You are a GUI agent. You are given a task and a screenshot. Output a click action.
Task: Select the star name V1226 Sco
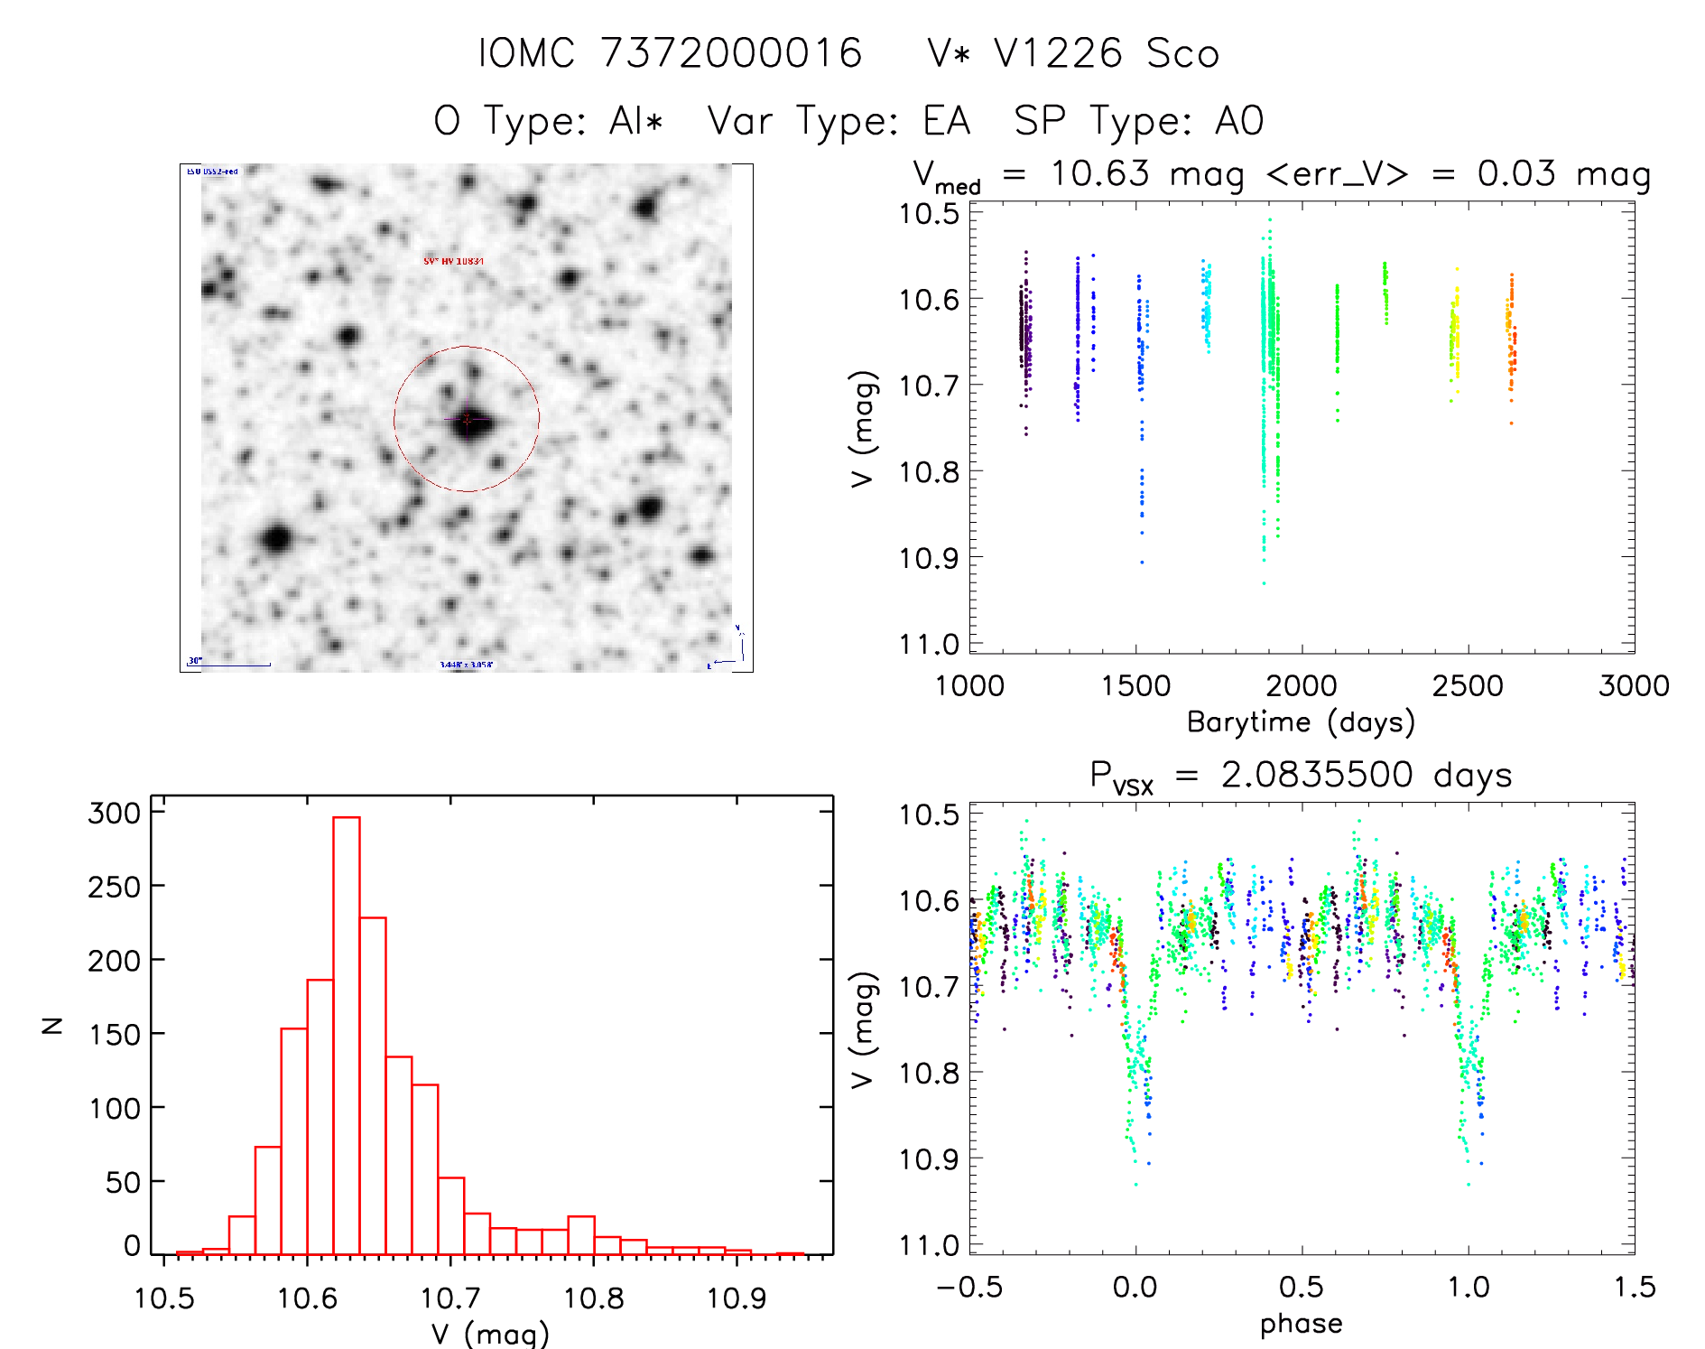click(1107, 53)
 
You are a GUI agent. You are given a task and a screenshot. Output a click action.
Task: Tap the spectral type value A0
click(1239, 121)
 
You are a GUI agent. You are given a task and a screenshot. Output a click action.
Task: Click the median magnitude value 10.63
click(1100, 173)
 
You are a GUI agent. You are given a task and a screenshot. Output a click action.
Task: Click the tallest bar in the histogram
click(347, 1035)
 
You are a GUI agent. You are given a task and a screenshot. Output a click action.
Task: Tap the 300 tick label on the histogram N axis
click(115, 813)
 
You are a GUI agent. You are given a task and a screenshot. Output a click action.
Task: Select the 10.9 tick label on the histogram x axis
click(737, 1298)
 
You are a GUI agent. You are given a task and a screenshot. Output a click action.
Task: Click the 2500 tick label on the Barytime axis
click(1468, 685)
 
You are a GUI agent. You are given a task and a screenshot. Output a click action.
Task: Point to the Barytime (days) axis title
click(1301, 722)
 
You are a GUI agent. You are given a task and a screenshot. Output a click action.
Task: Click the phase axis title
click(1301, 1324)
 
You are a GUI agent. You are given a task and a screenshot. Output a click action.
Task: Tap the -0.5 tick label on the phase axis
click(969, 1287)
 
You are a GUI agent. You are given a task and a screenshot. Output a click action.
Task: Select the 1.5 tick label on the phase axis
click(1634, 1287)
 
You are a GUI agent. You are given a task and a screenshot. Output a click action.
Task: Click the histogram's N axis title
click(52, 1025)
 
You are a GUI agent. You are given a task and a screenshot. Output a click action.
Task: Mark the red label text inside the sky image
click(454, 261)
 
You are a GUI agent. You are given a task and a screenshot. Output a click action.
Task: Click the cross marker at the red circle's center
click(467, 419)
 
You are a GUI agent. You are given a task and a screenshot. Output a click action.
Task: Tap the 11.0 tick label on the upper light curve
click(929, 645)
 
